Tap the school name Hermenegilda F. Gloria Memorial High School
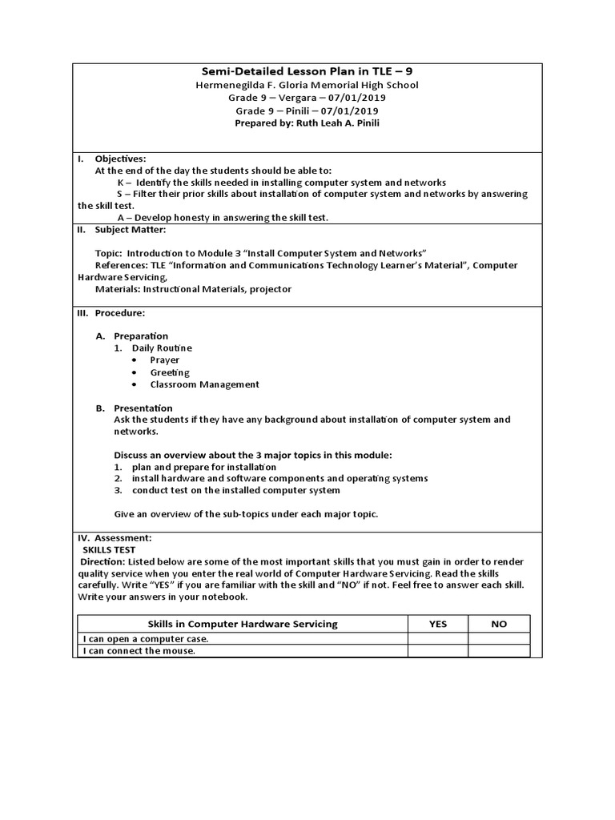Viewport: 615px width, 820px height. coord(307,85)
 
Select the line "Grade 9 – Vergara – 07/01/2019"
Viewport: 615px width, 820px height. coord(307,98)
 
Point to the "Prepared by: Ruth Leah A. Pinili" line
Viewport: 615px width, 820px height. coord(307,123)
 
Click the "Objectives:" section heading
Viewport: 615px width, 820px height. coord(121,159)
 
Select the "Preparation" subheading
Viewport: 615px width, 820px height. coord(141,336)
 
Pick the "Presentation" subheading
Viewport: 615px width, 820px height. coord(143,408)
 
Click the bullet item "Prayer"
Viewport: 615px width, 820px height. coord(165,360)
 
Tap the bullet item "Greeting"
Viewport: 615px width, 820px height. coord(170,372)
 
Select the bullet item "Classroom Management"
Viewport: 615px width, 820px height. coord(205,384)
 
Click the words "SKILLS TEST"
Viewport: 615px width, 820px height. coord(110,550)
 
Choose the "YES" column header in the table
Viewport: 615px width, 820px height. coord(438,624)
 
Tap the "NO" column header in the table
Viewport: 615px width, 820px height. coord(499,624)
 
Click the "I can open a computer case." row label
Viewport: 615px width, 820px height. coord(146,639)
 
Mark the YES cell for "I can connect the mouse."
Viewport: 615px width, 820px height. coord(438,651)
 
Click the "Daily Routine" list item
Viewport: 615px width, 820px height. coord(162,348)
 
